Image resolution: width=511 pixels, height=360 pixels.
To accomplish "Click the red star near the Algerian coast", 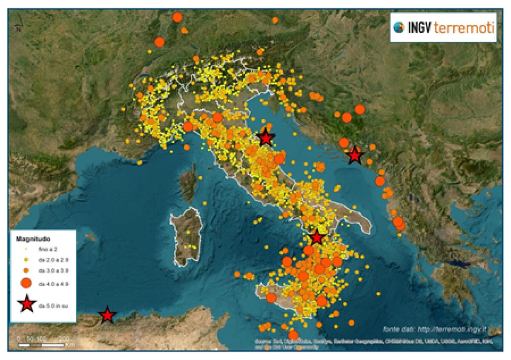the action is (x=107, y=315).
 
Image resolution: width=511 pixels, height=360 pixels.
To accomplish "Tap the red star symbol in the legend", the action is (x=26, y=304).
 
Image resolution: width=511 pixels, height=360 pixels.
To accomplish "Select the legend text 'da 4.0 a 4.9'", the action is (x=52, y=283).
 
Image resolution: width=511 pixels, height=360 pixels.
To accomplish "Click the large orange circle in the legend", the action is (x=26, y=283).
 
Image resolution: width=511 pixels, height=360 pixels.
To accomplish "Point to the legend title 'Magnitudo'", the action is (x=30, y=239).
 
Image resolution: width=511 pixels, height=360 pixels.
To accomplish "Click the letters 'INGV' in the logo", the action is (x=420, y=28).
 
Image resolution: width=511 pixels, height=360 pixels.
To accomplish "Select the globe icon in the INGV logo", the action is (x=399, y=28).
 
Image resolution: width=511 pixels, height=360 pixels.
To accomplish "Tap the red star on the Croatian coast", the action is (x=354, y=156).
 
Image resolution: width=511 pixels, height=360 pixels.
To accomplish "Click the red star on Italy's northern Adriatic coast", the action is (x=266, y=138).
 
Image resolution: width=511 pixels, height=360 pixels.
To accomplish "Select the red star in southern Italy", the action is (x=316, y=237).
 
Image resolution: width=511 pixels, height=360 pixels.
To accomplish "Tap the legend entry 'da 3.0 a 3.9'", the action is (x=52, y=270).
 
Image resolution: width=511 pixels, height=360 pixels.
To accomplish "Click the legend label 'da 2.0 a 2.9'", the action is (x=52, y=259).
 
